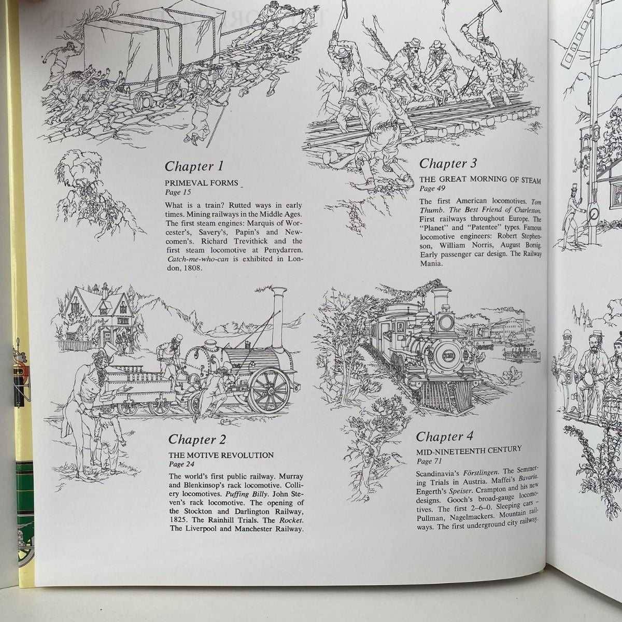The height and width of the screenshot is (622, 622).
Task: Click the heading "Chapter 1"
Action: [194, 166]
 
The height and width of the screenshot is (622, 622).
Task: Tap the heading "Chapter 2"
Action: [197, 440]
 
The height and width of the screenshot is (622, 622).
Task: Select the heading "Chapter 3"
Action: [448, 163]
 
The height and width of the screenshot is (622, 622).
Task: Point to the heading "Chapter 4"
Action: [444, 436]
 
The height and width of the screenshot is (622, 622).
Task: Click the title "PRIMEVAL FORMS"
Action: [202, 183]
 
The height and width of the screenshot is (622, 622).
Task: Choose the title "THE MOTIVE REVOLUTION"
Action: [221, 455]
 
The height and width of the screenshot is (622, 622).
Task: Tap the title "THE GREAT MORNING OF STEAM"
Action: [480, 179]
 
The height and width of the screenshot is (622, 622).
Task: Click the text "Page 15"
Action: [178, 192]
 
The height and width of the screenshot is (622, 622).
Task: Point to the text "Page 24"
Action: [182, 464]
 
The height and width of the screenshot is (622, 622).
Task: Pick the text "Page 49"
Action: [432, 188]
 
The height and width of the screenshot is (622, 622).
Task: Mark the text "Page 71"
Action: [429, 461]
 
